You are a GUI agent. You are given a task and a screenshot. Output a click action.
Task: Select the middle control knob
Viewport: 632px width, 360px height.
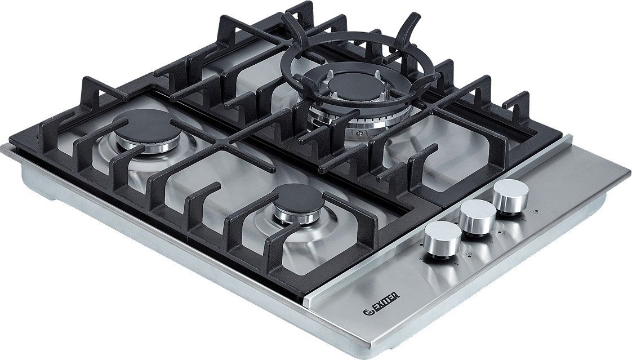(x=478, y=219)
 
